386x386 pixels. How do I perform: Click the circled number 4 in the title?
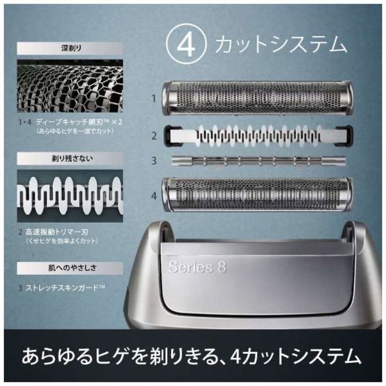tap(186, 45)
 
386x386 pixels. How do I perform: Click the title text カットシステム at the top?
tap(281, 45)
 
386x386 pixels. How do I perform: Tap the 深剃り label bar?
tap(70, 49)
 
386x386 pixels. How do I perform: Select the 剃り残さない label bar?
tap(70, 158)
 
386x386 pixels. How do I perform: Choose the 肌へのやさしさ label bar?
tap(70, 268)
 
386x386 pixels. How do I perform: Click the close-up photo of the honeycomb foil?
tap(70, 86)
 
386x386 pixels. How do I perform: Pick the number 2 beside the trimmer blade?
tap(154, 136)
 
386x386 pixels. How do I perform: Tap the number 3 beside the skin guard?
tap(154, 161)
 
